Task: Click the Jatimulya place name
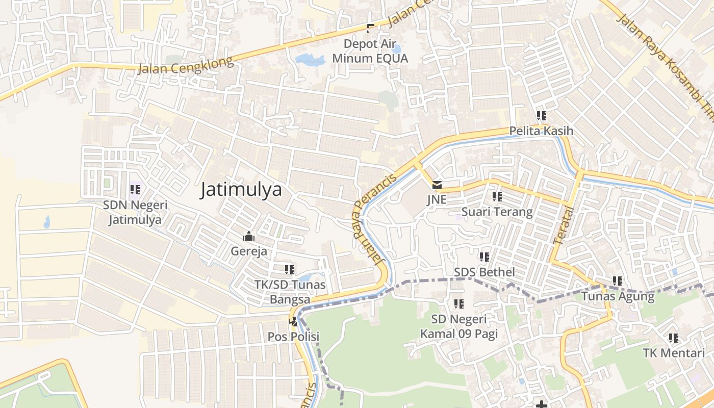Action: click(241, 190)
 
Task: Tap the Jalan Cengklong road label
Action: click(186, 65)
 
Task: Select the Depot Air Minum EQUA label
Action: click(370, 52)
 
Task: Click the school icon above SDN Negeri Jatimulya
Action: click(135, 190)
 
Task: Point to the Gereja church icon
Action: click(249, 236)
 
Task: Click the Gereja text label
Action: click(249, 251)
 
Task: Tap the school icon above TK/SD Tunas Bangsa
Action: click(290, 269)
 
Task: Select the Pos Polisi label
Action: click(293, 337)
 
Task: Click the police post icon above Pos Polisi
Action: click(293, 321)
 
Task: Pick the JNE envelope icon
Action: click(437, 185)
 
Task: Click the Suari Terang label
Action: click(497, 212)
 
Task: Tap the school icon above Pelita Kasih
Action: click(541, 116)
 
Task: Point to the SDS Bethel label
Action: click(484, 272)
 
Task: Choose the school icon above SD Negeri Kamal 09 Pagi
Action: click(459, 304)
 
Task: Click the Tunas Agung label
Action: click(618, 296)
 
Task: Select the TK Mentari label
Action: click(674, 353)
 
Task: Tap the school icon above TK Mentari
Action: click(674, 338)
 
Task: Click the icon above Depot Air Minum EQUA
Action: click(370, 29)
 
